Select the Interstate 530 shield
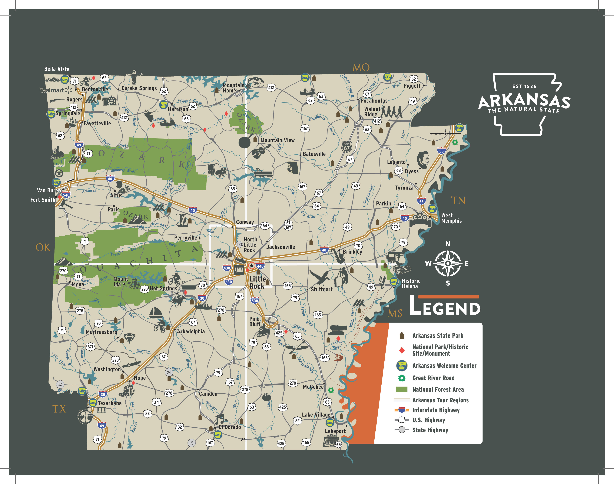[255, 301]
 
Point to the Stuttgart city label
[321, 289]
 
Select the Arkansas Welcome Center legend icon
[401, 365]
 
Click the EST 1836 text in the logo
[524, 86]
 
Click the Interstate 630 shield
[229, 282]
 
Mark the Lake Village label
[316, 415]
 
